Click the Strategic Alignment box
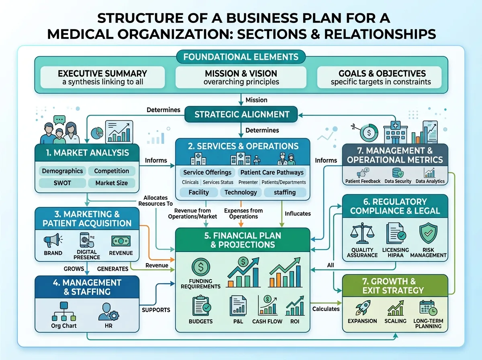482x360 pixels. click(x=241, y=114)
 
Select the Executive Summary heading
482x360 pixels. click(x=102, y=74)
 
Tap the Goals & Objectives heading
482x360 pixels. click(x=382, y=74)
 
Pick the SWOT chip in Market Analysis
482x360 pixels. click(x=62, y=183)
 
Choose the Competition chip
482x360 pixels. click(x=112, y=171)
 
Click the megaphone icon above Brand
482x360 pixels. click(x=53, y=240)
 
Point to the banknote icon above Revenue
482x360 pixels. click(x=121, y=241)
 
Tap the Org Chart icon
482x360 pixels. click(x=64, y=311)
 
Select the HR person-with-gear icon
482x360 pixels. click(x=108, y=312)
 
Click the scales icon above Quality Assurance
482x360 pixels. click(x=362, y=233)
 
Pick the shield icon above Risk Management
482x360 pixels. click(x=428, y=233)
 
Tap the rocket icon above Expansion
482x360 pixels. click(x=363, y=307)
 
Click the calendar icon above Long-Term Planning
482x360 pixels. click(x=428, y=308)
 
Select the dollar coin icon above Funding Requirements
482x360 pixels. click(x=201, y=267)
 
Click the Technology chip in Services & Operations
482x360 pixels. click(x=241, y=192)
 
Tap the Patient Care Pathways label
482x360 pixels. click(x=272, y=172)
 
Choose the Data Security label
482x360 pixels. click(x=398, y=181)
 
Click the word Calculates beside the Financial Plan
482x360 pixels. click(x=326, y=309)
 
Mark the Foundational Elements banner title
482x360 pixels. click(x=241, y=57)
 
